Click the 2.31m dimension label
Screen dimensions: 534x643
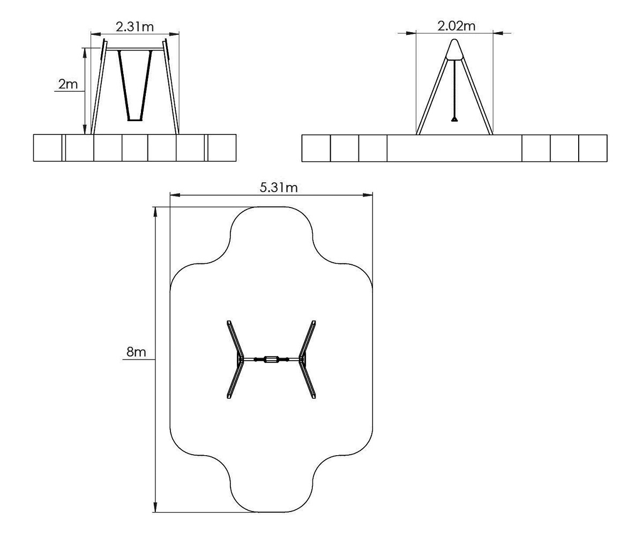134,26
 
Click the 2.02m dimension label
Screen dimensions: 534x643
456,26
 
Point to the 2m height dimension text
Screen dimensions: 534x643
68,84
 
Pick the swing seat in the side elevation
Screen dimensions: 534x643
455,119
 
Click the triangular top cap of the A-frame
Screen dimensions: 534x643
454,50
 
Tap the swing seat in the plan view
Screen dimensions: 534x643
271,359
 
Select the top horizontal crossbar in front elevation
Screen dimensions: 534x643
134,50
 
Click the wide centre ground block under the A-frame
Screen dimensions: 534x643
454,148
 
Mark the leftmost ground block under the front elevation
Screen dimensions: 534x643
48,147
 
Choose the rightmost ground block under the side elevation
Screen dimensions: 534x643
593,148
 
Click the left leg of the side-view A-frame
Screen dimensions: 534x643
432,97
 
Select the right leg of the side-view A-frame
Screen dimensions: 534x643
477,97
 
